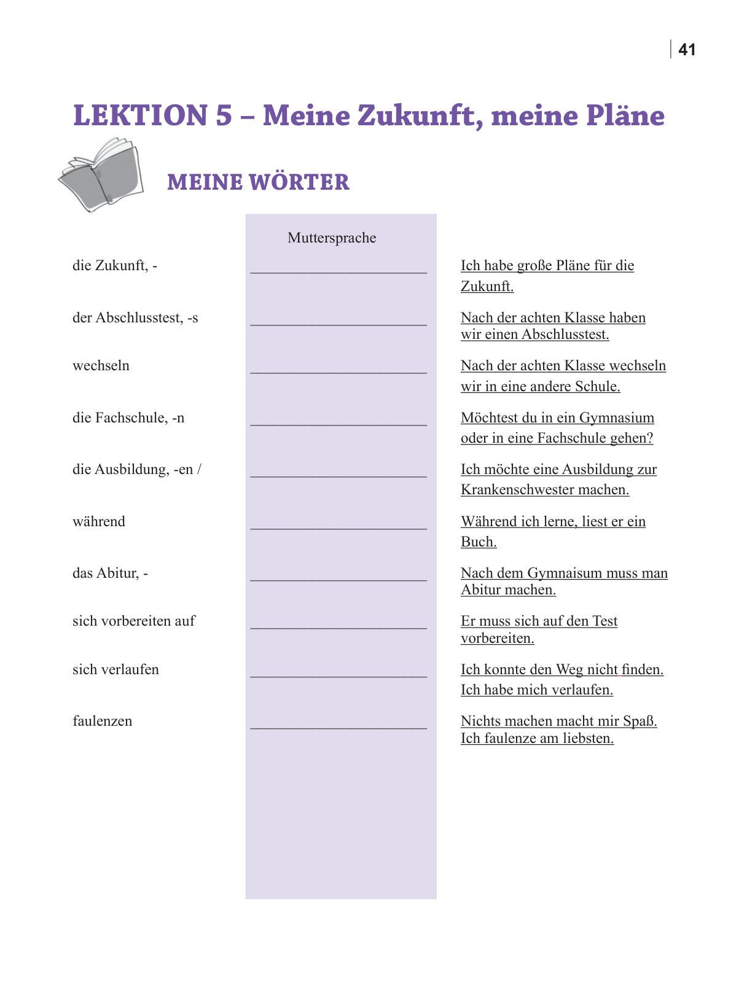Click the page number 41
tap(686, 50)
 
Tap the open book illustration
tap(101, 175)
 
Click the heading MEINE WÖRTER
tap(258, 182)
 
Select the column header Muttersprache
tap(332, 238)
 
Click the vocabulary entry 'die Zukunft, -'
tap(115, 266)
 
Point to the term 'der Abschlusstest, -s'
tap(135, 318)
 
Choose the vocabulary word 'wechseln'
tap(101, 366)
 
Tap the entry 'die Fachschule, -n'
tap(128, 418)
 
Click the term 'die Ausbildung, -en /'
tap(137, 470)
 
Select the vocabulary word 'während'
tap(99, 522)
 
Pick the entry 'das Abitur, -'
tap(110, 573)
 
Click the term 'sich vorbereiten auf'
tap(133, 621)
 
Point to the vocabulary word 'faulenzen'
tap(102, 721)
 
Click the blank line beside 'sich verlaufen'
tap(338, 675)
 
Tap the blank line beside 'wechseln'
tap(338, 371)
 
